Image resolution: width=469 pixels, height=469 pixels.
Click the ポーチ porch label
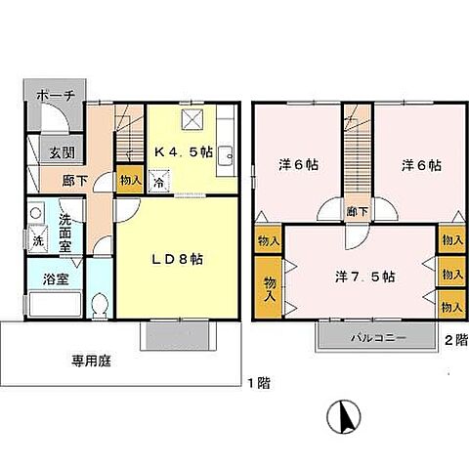(56, 96)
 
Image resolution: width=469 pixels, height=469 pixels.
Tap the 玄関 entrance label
(62, 152)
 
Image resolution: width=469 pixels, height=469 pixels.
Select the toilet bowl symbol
(100, 305)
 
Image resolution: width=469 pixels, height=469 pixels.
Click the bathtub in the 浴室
(55, 304)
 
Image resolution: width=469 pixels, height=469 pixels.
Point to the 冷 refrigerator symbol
(159, 181)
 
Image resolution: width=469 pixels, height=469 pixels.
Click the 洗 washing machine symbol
(37, 238)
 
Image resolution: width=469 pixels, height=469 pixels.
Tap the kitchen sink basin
(225, 157)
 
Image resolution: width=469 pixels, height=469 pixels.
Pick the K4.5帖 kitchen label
(184, 151)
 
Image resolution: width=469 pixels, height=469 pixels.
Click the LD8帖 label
(178, 259)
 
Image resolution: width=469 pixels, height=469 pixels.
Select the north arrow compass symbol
(344, 416)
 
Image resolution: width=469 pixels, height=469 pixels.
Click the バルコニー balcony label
(378, 337)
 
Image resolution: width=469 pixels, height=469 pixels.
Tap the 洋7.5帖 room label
(365, 277)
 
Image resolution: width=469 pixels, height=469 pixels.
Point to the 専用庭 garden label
(91, 361)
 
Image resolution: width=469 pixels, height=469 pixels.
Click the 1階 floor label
(259, 383)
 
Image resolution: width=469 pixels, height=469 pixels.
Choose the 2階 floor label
(456, 340)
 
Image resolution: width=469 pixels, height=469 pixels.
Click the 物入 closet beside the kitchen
(130, 179)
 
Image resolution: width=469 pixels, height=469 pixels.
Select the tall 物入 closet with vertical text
(268, 287)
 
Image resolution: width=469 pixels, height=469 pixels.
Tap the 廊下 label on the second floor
(358, 212)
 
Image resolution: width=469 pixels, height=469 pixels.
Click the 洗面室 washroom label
(64, 234)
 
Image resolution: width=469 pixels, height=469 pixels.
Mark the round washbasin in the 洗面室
(35, 213)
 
